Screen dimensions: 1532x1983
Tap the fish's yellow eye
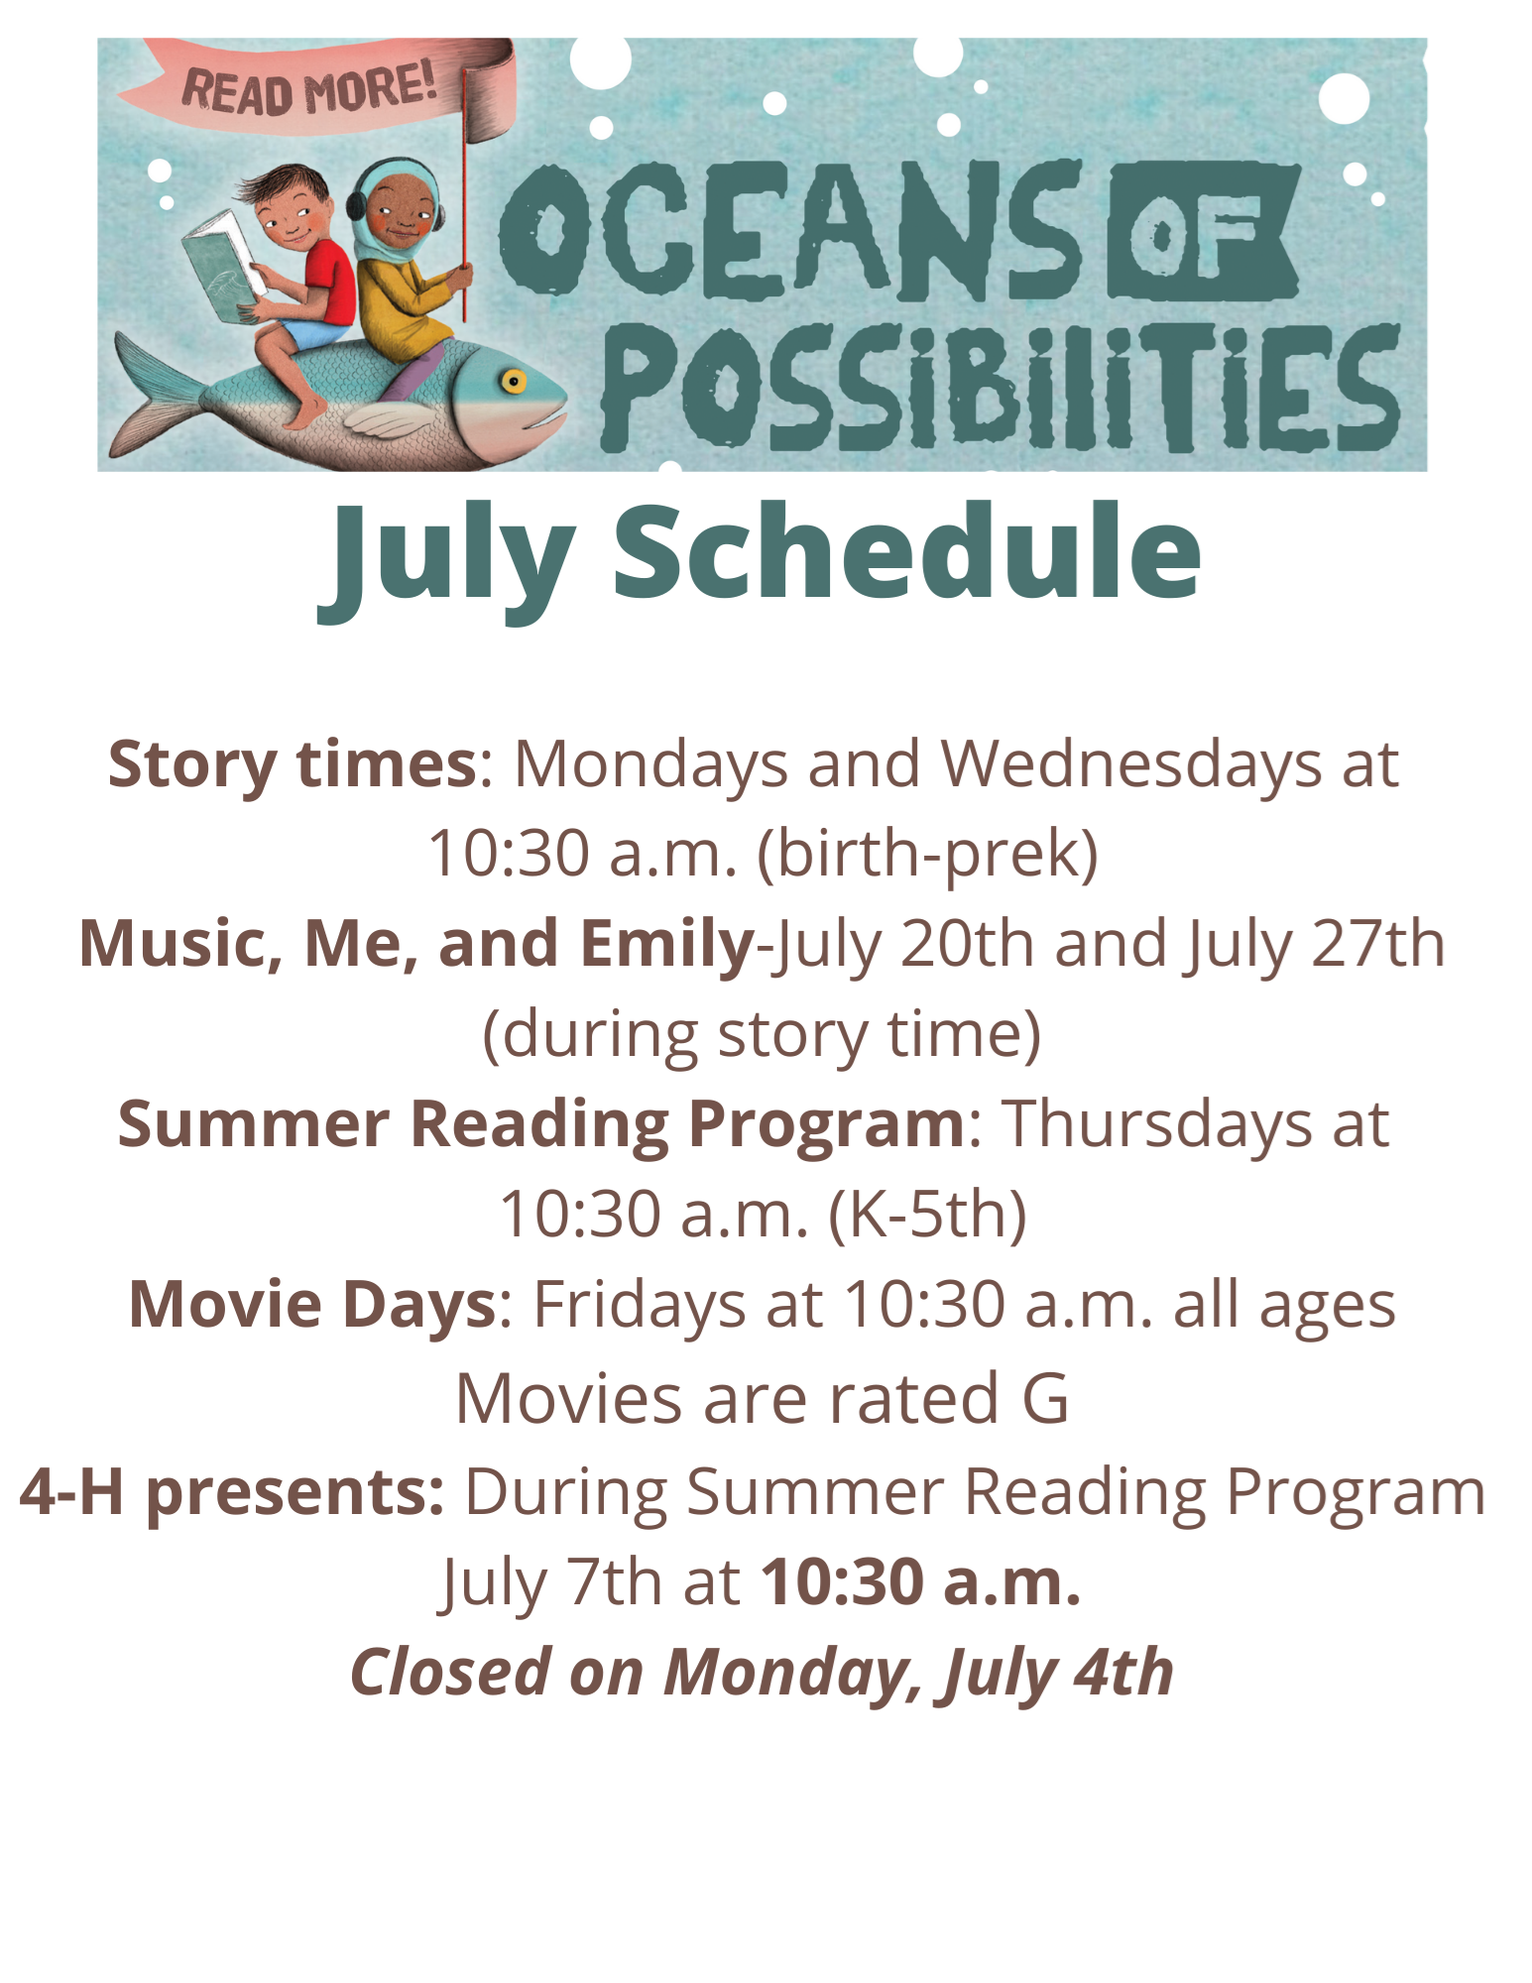click(x=513, y=381)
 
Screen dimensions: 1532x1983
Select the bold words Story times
click(x=293, y=765)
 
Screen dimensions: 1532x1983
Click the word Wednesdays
click(x=1131, y=764)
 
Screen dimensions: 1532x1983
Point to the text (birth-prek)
click(x=928, y=854)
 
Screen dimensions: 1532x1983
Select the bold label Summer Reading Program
click(x=541, y=1124)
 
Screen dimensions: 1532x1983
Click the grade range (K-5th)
click(x=928, y=1215)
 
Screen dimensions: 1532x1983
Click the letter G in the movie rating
click(x=1045, y=1399)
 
